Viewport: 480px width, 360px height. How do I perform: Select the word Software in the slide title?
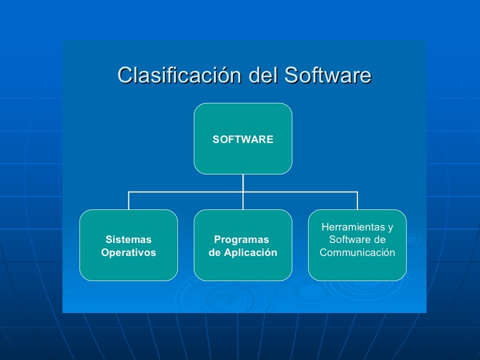(x=327, y=75)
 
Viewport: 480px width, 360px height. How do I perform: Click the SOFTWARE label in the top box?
(x=243, y=139)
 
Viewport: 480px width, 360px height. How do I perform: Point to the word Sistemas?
(x=128, y=239)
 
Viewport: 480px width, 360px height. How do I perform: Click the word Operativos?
(x=128, y=252)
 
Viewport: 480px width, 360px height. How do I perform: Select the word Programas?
(x=241, y=239)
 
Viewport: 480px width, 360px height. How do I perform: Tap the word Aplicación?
(x=250, y=252)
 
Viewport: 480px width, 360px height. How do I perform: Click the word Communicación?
(x=357, y=252)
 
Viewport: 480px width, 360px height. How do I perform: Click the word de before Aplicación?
(x=214, y=252)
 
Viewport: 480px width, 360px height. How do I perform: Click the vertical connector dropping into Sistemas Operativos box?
(x=129, y=200)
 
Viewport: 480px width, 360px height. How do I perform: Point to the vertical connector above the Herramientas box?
(x=357, y=200)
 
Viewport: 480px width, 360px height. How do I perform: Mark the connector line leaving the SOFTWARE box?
(x=243, y=182)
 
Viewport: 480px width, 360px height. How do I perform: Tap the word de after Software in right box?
(x=379, y=240)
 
